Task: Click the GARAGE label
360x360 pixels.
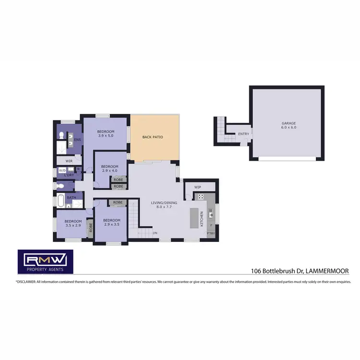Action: [x=288, y=123]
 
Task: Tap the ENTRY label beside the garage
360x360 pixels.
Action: [x=243, y=134]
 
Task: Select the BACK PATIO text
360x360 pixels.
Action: [x=153, y=137]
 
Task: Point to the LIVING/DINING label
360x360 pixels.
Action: [x=164, y=203]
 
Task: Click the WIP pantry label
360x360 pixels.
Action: [x=198, y=187]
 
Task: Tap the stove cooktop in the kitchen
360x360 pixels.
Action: [x=200, y=196]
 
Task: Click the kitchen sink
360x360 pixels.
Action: [x=211, y=216]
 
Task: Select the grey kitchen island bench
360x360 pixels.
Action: [x=194, y=217]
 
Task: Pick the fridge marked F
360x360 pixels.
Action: [x=211, y=225]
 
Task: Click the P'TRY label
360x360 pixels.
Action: [x=211, y=234]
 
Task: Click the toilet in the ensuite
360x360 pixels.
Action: [x=61, y=136]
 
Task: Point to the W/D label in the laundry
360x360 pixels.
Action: [x=62, y=170]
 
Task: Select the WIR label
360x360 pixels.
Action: [x=69, y=161]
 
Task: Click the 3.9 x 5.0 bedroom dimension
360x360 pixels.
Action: [x=106, y=136]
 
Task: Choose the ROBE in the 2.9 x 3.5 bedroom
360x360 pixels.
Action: [x=118, y=203]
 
